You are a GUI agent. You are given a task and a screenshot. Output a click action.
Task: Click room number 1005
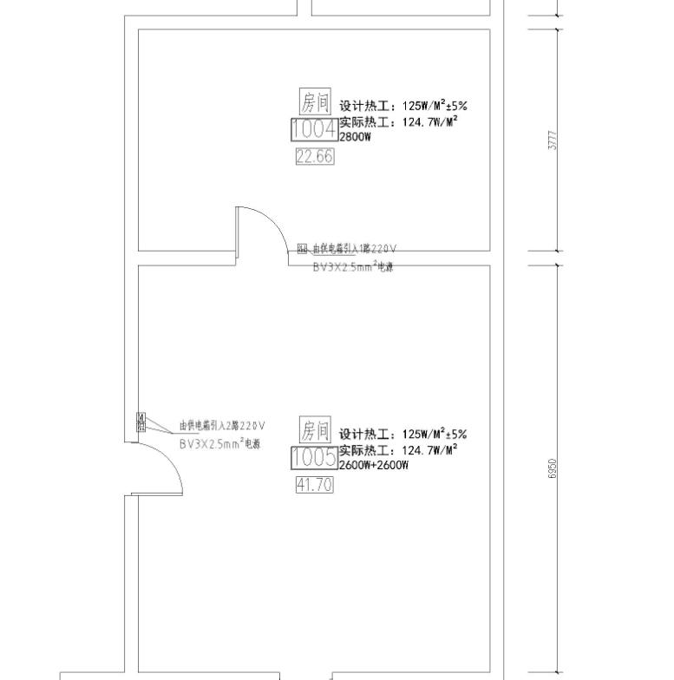[314, 458]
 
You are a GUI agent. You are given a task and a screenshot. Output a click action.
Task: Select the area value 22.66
[314, 156]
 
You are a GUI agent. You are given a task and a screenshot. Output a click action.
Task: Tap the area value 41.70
[314, 486]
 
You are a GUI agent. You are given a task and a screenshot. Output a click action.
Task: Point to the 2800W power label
[356, 137]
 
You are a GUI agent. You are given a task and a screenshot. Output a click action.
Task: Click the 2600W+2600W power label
[373, 466]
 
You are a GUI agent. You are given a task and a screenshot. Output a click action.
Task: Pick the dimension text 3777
[553, 140]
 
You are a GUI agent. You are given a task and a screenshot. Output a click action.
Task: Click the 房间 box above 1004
[316, 102]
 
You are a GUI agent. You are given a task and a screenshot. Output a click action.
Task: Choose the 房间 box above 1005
[316, 429]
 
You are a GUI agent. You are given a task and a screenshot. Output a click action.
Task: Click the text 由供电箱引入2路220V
[221, 426]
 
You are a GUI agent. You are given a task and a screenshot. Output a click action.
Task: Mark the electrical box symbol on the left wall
[141, 422]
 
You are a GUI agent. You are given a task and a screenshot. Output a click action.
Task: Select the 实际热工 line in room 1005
[398, 450]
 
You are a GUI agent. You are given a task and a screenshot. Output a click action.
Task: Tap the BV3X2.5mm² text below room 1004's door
[353, 267]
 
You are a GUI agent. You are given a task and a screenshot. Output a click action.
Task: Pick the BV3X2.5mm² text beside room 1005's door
[219, 444]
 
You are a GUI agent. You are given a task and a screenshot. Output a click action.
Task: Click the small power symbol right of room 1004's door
[302, 249]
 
